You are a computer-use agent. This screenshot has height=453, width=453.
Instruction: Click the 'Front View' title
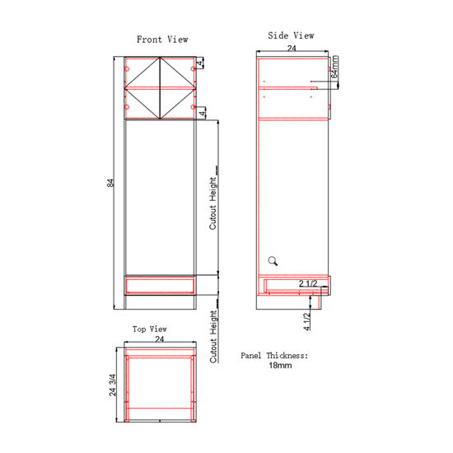click(x=161, y=39)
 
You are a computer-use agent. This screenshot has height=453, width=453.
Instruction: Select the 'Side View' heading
click(x=292, y=35)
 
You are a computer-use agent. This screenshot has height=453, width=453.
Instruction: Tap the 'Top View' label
click(x=150, y=329)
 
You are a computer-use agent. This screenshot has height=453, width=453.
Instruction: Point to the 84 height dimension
click(x=110, y=184)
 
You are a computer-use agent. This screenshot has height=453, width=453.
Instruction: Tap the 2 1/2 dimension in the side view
click(x=308, y=284)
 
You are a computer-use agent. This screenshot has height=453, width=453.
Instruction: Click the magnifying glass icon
click(x=273, y=261)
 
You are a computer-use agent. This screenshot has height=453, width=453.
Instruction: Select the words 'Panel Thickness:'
click(x=274, y=355)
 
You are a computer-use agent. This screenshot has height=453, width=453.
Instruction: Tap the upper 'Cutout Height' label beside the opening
click(x=212, y=203)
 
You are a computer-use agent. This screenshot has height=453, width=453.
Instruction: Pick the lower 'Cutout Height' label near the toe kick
click(x=212, y=337)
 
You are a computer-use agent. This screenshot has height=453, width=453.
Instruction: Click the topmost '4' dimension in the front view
click(x=200, y=63)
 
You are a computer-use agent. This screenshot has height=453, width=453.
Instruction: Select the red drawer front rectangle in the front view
click(x=158, y=285)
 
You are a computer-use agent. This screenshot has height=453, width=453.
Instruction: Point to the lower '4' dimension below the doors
click(x=200, y=113)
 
